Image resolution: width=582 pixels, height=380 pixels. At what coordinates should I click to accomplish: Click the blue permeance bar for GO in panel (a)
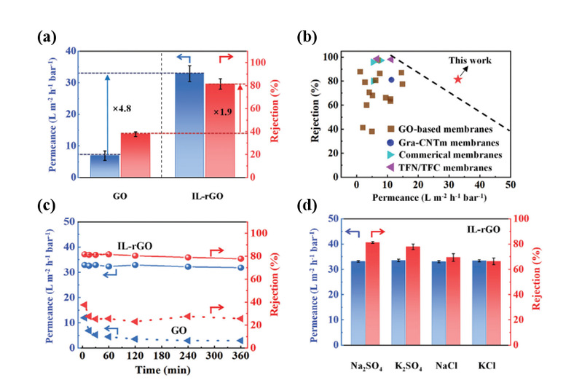[x=103, y=165]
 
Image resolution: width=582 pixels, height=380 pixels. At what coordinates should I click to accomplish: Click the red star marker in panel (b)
[x=457, y=79]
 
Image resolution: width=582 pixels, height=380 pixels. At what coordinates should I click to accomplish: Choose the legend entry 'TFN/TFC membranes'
[x=450, y=168]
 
